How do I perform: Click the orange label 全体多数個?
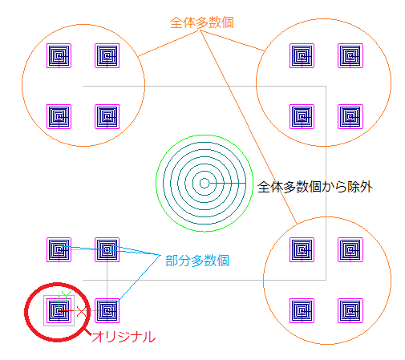click(202, 22)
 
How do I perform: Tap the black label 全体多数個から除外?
click(315, 187)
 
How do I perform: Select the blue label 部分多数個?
click(197, 261)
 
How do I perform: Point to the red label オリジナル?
click(124, 337)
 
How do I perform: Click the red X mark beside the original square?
click(82, 312)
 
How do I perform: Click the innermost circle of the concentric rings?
click(205, 184)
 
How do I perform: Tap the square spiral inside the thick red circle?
click(59, 310)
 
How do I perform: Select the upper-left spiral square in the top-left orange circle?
click(59, 56)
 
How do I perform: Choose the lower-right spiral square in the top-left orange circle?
click(107, 116)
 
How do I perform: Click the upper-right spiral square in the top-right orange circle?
click(350, 56)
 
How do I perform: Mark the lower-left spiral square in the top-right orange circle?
click(302, 116)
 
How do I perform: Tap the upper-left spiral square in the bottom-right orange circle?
click(302, 249)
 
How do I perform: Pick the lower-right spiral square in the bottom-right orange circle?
click(350, 310)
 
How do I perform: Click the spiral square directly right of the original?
click(107, 310)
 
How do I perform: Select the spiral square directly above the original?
click(59, 249)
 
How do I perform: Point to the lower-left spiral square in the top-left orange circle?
click(59, 116)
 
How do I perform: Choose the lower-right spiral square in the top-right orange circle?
click(350, 116)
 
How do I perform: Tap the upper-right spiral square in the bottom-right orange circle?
click(350, 249)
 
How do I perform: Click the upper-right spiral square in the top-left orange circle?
click(107, 56)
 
